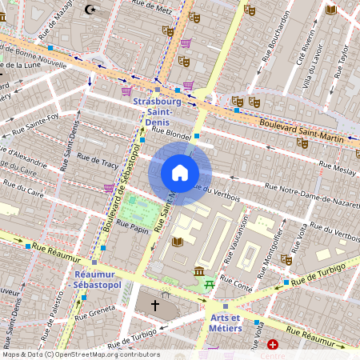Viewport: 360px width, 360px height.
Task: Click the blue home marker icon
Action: (180, 173)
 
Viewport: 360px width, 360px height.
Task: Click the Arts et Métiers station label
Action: (226, 324)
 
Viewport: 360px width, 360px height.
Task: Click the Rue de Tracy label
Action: (98, 164)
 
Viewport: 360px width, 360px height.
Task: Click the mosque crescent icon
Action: (90, 10)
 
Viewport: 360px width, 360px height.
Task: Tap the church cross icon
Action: (154, 306)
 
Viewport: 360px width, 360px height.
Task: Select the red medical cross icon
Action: (273, 345)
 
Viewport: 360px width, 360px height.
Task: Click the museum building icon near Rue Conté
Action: (198, 272)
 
